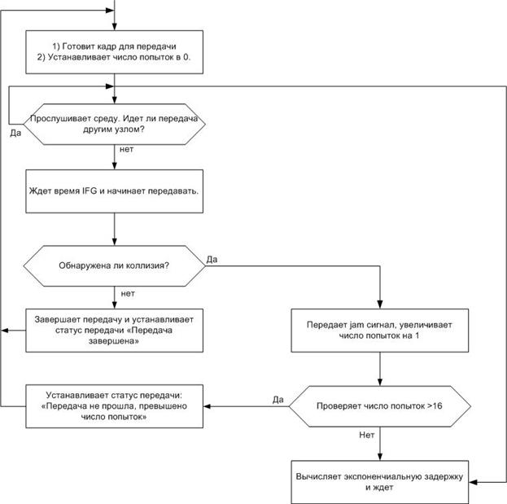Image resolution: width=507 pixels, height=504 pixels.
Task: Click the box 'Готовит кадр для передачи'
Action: point(115,52)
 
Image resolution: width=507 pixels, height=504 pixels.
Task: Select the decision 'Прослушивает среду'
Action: point(115,125)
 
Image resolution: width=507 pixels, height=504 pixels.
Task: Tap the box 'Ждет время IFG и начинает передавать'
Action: point(115,191)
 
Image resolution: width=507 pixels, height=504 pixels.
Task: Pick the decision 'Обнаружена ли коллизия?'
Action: point(115,266)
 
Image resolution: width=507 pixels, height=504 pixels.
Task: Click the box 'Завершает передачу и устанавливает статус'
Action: point(115,331)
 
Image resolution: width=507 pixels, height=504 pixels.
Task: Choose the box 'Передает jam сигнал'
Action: point(380,331)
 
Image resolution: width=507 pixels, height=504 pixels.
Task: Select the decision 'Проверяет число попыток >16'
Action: point(380,406)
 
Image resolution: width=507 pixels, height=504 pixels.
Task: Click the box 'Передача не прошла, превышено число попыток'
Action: point(115,406)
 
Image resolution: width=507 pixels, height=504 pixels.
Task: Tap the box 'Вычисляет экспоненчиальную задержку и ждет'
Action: point(380,482)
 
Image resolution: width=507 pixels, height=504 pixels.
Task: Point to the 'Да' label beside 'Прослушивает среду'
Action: point(15,133)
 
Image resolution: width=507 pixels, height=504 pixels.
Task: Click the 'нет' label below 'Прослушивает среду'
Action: point(126,149)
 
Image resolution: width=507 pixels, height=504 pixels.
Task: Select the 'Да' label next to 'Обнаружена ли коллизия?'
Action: point(212,260)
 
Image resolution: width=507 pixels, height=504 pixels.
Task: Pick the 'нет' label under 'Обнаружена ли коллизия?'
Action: point(128,294)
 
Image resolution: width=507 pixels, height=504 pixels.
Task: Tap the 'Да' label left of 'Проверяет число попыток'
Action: point(278,400)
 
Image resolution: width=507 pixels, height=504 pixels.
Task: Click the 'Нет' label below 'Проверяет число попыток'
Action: point(367,435)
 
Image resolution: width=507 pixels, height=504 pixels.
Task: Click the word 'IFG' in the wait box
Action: point(90,191)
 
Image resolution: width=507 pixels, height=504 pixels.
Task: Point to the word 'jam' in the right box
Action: point(356,325)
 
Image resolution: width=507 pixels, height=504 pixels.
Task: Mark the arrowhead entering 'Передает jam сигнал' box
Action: point(380,305)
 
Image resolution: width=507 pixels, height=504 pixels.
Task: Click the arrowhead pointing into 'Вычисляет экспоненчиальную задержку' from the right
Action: point(473,482)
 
